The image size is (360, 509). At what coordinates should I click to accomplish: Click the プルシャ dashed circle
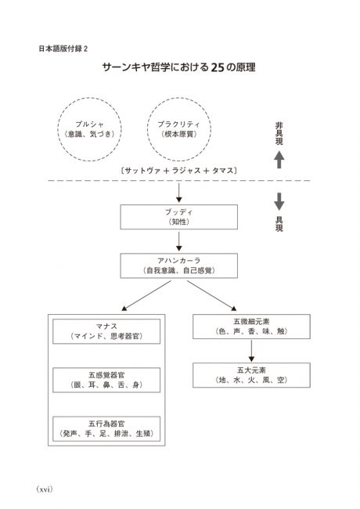58,129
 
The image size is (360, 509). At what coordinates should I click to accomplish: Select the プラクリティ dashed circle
148,129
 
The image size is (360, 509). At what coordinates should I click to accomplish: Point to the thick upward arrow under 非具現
279,160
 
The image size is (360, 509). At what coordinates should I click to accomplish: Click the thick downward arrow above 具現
279,201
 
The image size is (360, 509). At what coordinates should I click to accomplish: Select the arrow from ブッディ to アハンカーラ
178,241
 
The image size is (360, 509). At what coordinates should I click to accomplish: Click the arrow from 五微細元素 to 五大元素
251,351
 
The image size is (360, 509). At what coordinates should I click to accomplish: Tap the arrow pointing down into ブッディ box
178,193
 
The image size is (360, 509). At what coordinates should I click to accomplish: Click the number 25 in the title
218,67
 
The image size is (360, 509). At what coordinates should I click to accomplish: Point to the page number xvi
45,489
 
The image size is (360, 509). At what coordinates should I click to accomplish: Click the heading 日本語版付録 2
63,49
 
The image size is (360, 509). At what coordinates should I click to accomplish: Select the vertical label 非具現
279,133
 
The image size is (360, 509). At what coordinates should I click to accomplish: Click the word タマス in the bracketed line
223,171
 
